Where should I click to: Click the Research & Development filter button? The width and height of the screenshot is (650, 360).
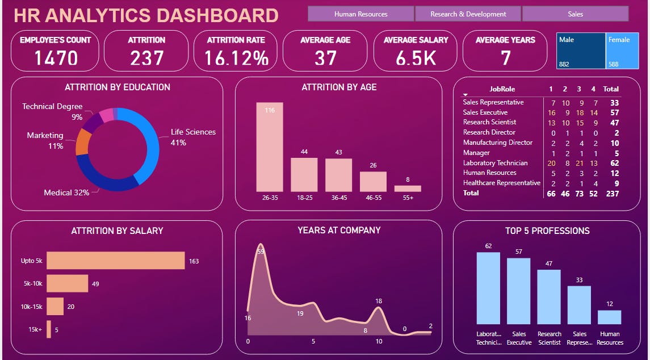(468, 14)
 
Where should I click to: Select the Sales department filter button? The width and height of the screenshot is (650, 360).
(575, 14)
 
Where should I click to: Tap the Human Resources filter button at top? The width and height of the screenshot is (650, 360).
(360, 14)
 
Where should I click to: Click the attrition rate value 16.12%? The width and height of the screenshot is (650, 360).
(236, 57)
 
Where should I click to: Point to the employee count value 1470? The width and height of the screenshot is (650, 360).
(55, 57)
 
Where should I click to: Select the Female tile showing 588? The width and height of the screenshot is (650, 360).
(622, 51)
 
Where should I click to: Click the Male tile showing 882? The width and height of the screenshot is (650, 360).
(581, 51)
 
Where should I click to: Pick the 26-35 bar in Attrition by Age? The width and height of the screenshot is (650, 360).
(270, 147)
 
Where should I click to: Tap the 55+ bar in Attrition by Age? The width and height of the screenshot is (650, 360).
(408, 189)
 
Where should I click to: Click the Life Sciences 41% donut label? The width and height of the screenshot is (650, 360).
(193, 137)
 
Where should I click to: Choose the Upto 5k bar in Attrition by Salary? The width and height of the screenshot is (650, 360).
(115, 261)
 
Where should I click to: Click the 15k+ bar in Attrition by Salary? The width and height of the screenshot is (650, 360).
(49, 329)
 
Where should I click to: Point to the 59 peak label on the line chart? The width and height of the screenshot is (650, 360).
(261, 251)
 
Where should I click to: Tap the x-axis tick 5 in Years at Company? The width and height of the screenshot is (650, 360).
(313, 341)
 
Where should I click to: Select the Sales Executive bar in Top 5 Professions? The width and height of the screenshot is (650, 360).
(519, 291)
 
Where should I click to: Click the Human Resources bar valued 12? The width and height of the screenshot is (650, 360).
(610, 317)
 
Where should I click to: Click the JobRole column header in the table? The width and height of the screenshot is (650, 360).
(502, 89)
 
